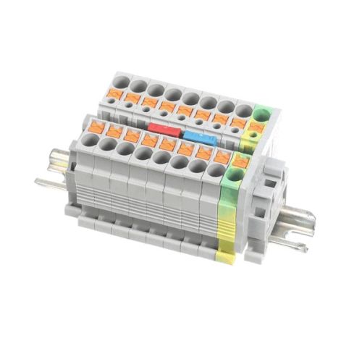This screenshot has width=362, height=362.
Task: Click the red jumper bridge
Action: pos(163,130)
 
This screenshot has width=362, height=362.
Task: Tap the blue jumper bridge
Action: pos(198,135)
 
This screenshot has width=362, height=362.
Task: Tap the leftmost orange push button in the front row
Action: pos(94,129)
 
